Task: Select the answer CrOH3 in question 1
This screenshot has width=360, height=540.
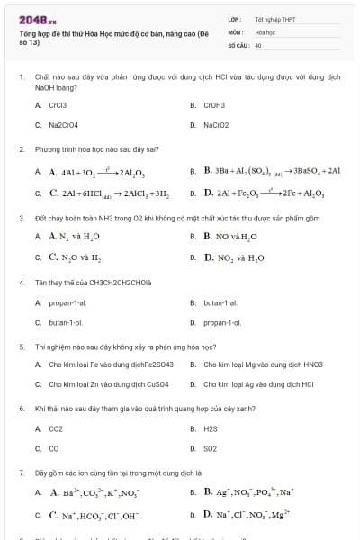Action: coord(213,105)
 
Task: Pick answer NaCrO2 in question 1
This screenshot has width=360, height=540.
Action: coord(216,125)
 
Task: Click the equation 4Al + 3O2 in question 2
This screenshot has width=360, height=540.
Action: coord(103,171)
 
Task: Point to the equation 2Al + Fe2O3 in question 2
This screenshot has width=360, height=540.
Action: coord(265,193)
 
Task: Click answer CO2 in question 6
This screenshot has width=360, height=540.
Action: coord(56,428)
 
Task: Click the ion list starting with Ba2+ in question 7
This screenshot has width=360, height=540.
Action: coord(94,493)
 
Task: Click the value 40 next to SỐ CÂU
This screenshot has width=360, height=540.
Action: coord(258,44)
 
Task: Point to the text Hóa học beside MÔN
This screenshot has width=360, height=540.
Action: coord(265,31)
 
